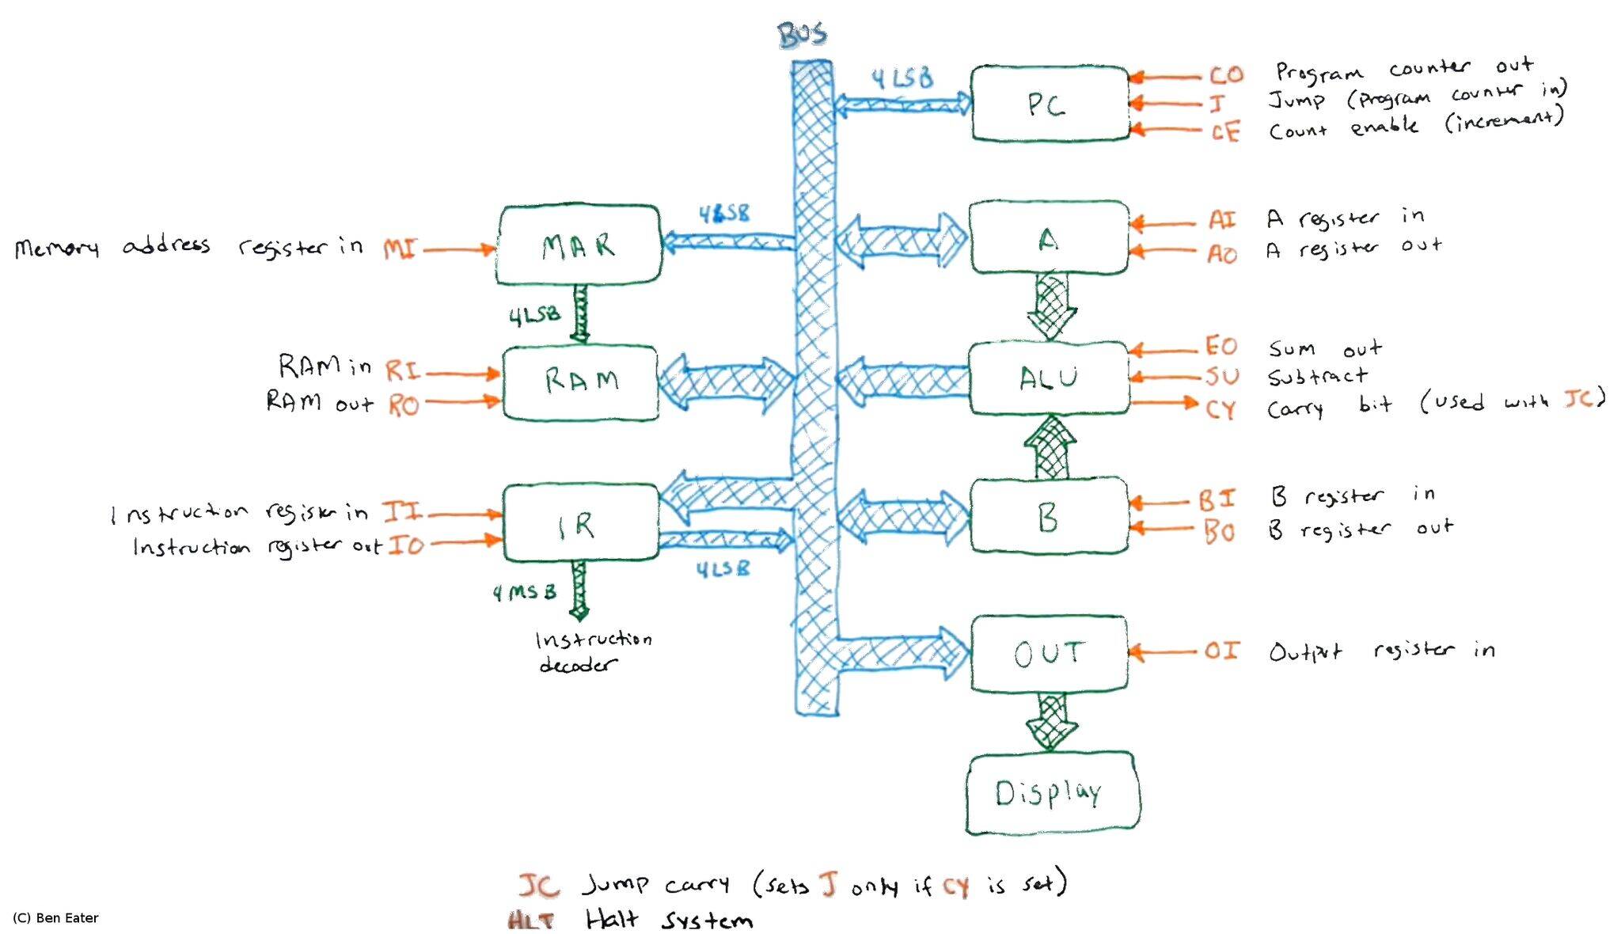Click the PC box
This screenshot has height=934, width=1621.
(1050, 104)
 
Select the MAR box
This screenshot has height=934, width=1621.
(579, 245)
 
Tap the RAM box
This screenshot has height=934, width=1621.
(581, 382)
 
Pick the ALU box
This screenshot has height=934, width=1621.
(1049, 378)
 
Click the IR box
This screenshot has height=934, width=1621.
(580, 523)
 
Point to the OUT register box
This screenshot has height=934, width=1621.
(1049, 653)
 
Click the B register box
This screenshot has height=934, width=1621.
(1049, 516)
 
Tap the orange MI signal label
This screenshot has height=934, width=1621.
(401, 249)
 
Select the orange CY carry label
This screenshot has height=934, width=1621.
(1220, 409)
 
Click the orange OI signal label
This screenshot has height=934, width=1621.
(1221, 651)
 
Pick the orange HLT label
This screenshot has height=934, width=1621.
(530, 921)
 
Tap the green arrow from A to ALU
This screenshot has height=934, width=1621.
(1051, 306)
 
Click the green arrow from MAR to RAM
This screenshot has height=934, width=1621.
(581, 313)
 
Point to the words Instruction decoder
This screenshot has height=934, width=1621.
(594, 651)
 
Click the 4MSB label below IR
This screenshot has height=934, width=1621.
(524, 592)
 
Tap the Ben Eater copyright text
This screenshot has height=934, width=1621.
(55, 918)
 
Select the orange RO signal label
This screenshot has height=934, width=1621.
(404, 406)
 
